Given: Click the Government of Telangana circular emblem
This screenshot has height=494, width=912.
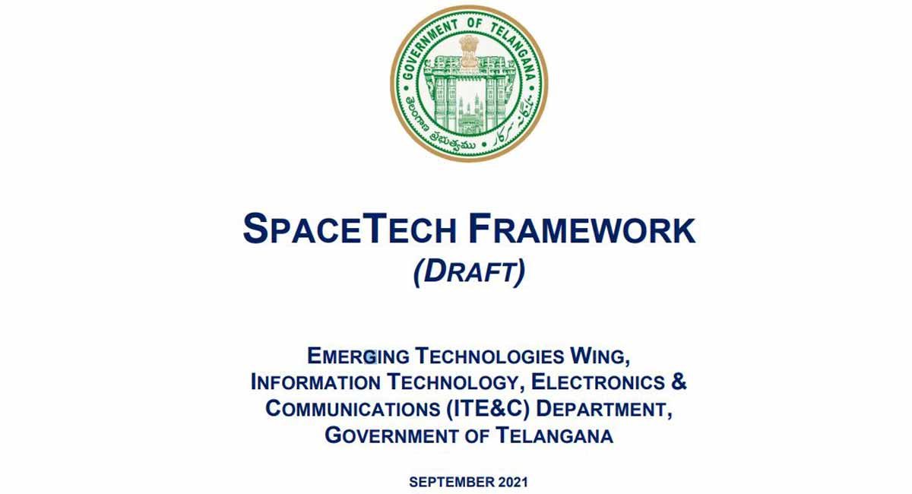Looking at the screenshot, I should point(469,83).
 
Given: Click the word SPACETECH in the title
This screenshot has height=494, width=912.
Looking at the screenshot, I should point(346,230).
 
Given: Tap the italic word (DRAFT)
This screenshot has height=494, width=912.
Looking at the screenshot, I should point(469,273).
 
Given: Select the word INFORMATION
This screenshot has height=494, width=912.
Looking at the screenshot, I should point(315,382).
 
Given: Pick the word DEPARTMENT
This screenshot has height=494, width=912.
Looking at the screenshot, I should point(604,409).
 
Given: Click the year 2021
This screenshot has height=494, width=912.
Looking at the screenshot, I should point(513,482).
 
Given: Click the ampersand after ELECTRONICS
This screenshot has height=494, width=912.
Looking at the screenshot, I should point(679,382).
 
